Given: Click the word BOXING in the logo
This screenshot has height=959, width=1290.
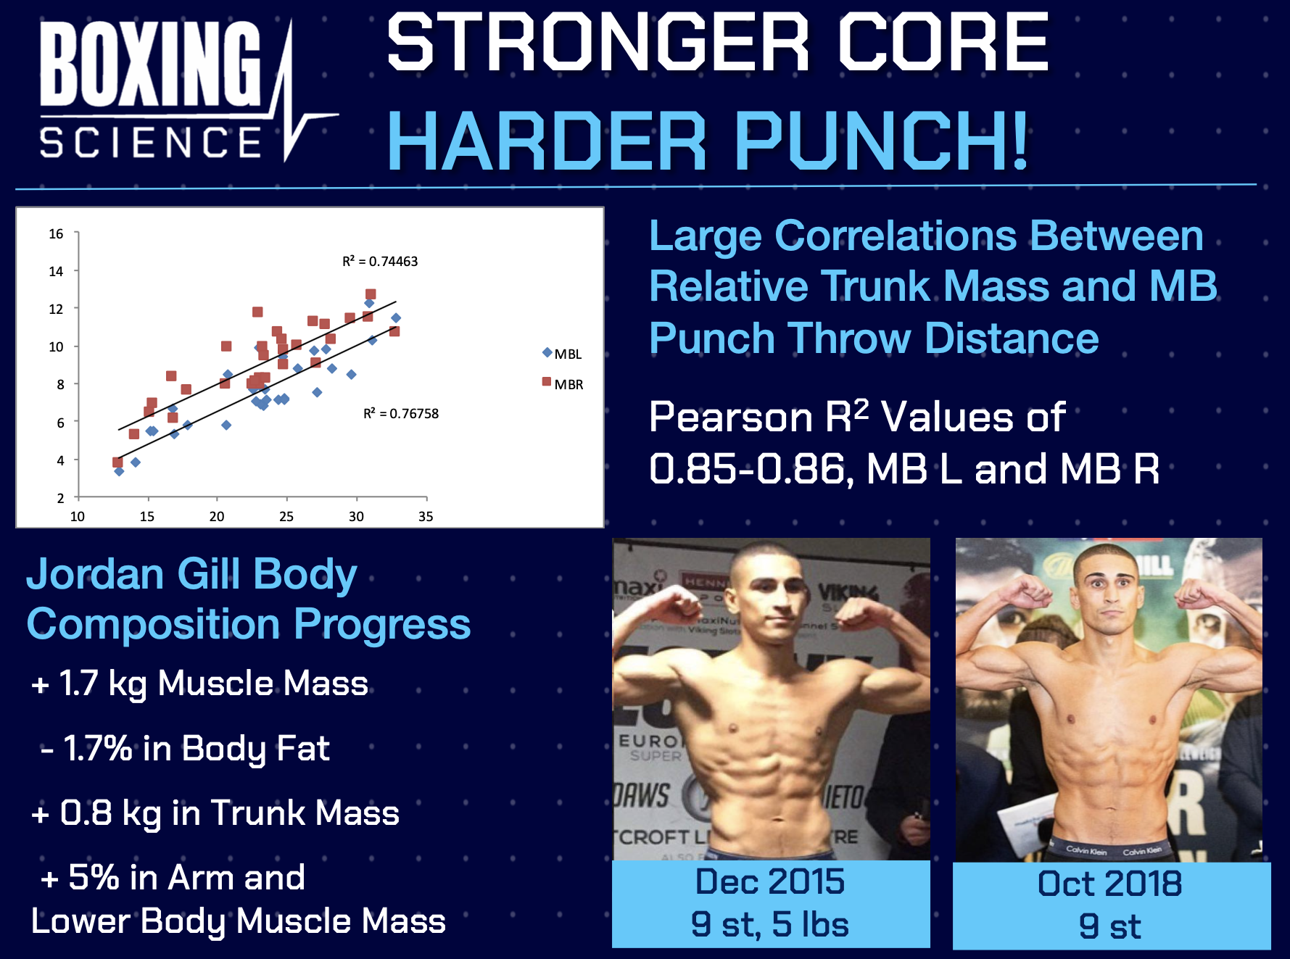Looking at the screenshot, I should point(150,64).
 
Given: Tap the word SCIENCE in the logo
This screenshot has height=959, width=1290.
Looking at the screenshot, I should point(150,142).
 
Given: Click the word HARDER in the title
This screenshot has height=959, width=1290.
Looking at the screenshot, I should point(547,141).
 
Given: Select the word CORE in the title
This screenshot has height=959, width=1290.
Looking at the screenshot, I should point(943,43).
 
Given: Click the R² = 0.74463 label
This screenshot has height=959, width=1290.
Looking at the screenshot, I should point(380,262).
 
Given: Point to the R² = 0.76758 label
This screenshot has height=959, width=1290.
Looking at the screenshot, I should point(401,414).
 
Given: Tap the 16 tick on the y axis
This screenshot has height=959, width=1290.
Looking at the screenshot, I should point(56,234).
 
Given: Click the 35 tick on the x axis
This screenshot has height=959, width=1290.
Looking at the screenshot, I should point(426,517).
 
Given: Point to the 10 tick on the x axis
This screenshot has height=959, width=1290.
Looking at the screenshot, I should point(77,517).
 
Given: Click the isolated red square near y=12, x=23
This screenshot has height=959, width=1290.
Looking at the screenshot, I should point(257,312).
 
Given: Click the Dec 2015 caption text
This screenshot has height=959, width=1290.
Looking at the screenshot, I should point(769,882).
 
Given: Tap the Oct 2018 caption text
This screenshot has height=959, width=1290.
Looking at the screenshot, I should point(1109,884).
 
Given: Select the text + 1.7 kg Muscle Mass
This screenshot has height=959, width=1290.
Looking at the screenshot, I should point(200,684).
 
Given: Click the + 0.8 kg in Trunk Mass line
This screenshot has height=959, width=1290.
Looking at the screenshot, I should point(215,813).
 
